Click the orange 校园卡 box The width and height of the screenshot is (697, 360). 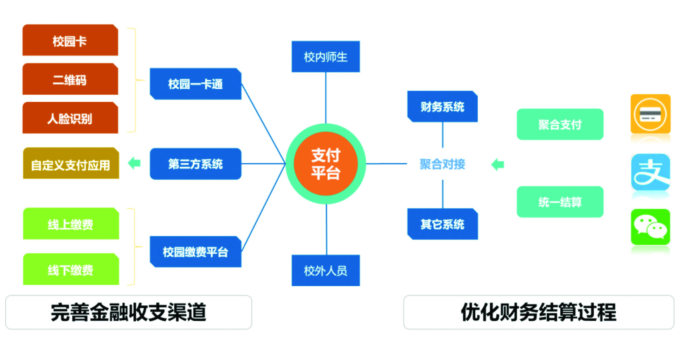tap(70, 41)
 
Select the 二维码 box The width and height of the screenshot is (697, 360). tap(70, 80)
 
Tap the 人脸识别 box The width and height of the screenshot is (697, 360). tap(70, 119)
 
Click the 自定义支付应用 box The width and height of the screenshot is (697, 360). tap(70, 164)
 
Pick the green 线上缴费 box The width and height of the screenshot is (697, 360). tap(70, 224)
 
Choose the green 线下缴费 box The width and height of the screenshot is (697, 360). tap(70, 269)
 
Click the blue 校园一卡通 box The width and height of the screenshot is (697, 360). tap(195, 85)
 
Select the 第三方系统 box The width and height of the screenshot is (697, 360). tap(195, 164)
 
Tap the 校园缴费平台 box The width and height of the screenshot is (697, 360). tap(195, 252)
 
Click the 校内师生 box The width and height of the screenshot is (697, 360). tap(325, 57)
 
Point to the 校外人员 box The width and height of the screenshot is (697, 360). tap(325, 270)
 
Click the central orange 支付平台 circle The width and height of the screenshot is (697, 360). tap(325, 164)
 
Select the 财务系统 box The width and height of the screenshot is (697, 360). tap(442, 107)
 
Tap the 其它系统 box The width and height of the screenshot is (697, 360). tap(442, 224)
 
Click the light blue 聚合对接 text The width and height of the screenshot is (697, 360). tap(442, 164)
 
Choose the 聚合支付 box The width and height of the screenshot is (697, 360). tap(560, 125)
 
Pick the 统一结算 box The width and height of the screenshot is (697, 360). tap(560, 202)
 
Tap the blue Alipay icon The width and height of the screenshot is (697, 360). tap(650, 172)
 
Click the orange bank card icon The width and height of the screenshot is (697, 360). tap(650, 114)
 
